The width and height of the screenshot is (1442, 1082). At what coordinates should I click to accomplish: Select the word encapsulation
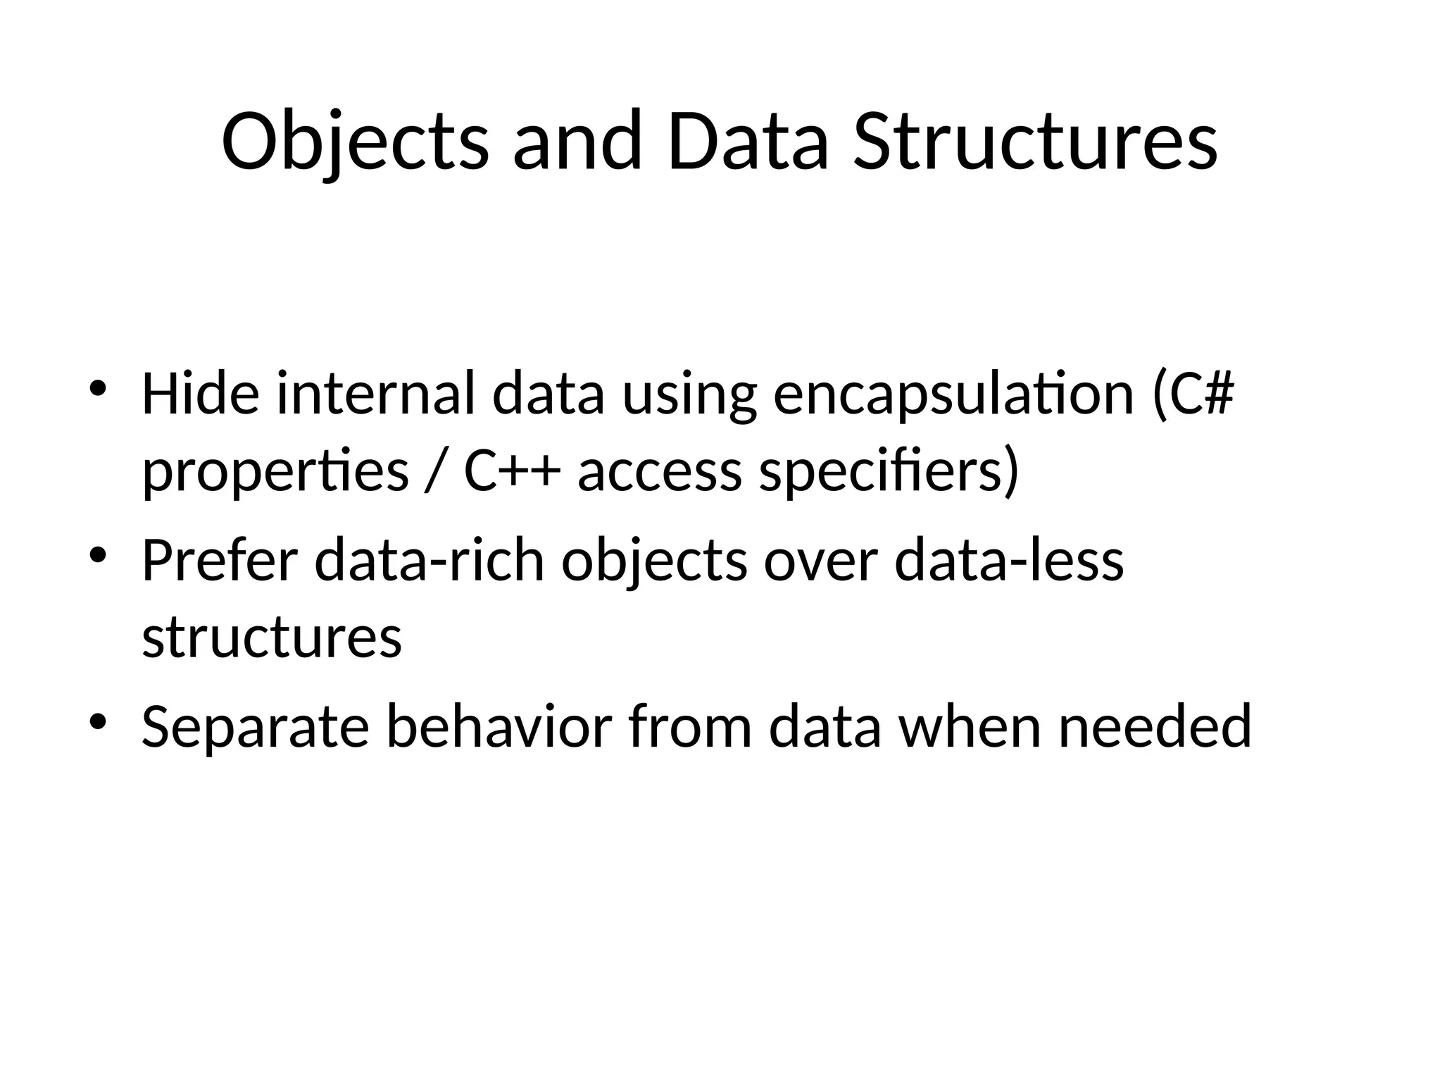click(x=953, y=394)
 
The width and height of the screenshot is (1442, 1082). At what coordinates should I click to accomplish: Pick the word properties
click(x=275, y=472)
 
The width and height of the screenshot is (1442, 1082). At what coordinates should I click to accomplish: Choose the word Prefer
click(x=219, y=560)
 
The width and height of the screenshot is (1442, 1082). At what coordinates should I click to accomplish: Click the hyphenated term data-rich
click(x=430, y=560)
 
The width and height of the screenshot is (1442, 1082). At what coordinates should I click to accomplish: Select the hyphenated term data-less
click(x=1008, y=560)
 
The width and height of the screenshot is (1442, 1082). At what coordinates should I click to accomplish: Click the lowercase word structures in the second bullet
click(x=272, y=638)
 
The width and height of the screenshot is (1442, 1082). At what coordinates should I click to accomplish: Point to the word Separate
click(x=255, y=728)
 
